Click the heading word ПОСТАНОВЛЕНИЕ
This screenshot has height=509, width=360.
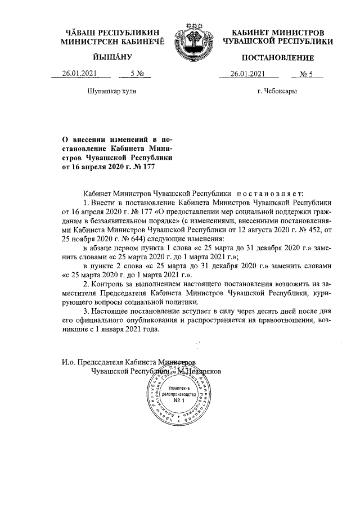pyautogui.click(x=278, y=58)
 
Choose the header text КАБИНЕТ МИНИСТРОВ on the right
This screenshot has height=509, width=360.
pyautogui.click(x=278, y=32)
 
